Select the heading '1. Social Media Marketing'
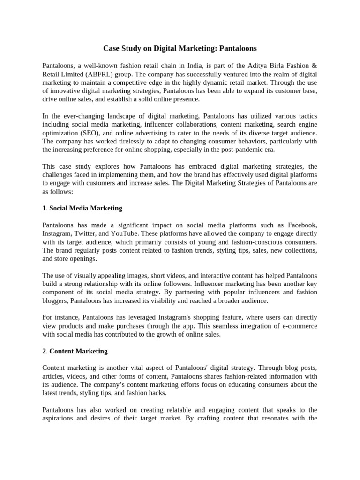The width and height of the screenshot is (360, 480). coord(82,208)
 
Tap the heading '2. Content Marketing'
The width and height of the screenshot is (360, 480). coord(75,351)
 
